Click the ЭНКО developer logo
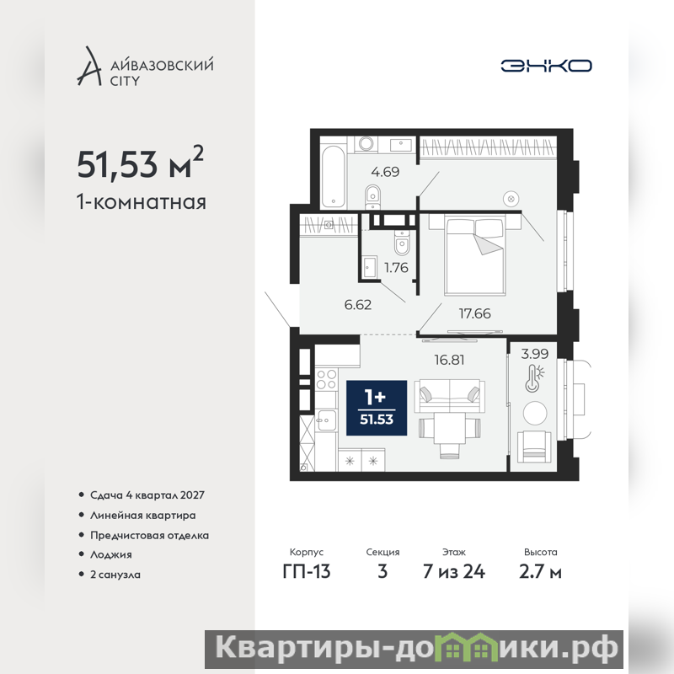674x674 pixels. click(x=546, y=66)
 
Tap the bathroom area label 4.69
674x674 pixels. click(x=385, y=172)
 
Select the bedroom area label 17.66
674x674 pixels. click(x=474, y=313)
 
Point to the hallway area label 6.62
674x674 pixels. click(x=357, y=305)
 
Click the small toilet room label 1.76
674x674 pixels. click(x=396, y=268)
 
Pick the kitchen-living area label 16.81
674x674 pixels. click(x=449, y=360)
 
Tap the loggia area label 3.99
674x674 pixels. click(x=535, y=354)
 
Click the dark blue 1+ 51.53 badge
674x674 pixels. click(x=377, y=408)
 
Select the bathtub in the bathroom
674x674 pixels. click(x=333, y=176)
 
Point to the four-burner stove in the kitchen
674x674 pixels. click(x=326, y=380)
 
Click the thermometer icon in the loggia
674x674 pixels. click(x=534, y=377)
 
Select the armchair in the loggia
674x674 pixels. click(x=534, y=447)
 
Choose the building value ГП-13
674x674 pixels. click(x=307, y=571)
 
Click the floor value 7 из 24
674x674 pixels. click(x=454, y=571)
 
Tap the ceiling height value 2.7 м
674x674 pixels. click(x=540, y=571)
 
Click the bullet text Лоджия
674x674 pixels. click(x=111, y=554)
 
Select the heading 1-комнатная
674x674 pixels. click(x=142, y=201)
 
